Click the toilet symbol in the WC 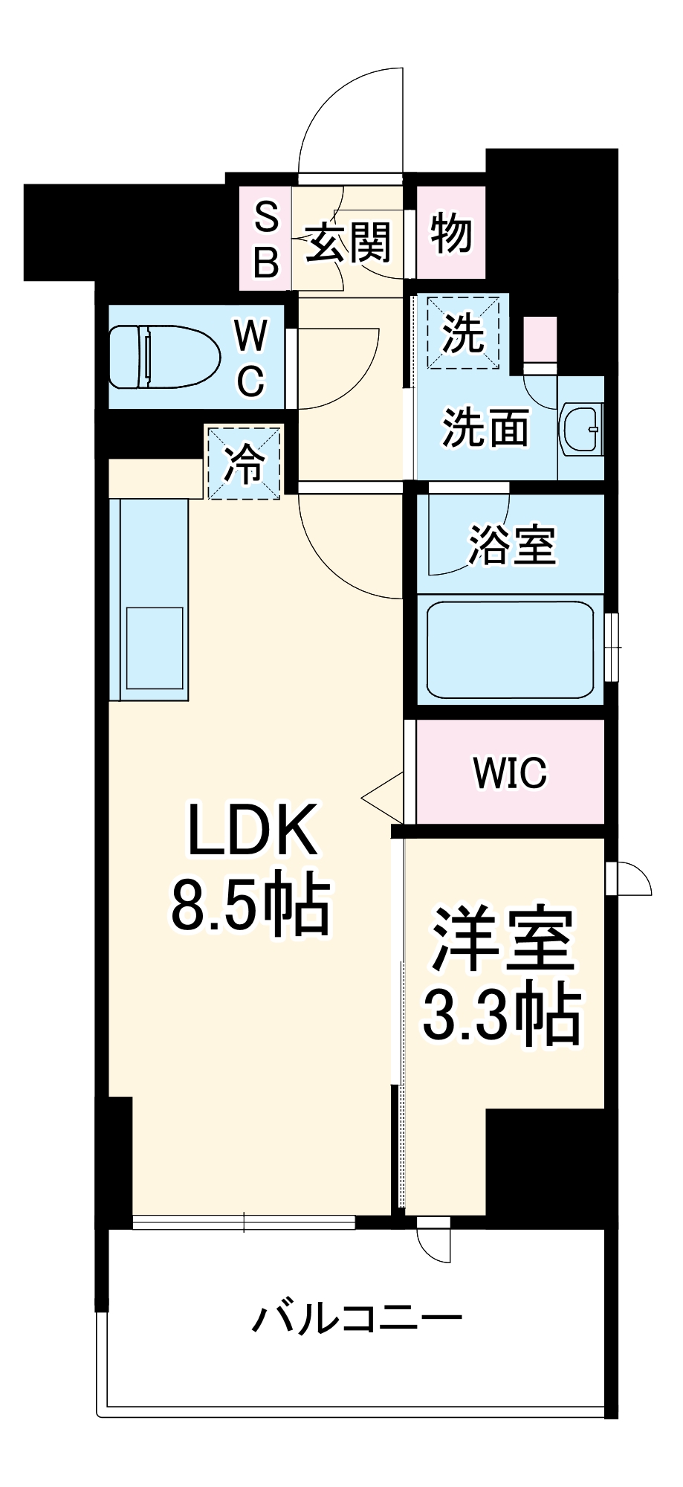(165, 357)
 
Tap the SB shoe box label (266, 239)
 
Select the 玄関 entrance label (348, 242)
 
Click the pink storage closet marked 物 (450, 233)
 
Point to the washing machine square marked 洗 (463, 332)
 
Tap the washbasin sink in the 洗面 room (582, 428)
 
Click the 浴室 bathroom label (511, 545)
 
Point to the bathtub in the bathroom (510, 648)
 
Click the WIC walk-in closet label (510, 773)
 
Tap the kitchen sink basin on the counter (155, 648)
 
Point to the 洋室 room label (504, 940)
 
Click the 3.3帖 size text (502, 1014)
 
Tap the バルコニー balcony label (356, 1320)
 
